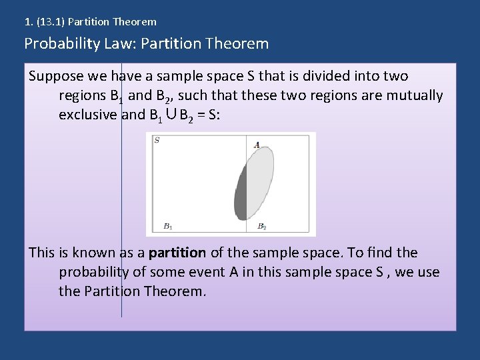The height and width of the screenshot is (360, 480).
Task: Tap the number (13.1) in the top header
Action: click(x=49, y=22)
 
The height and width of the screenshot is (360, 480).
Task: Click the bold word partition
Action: click(x=177, y=253)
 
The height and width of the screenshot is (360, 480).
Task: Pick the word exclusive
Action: click(x=88, y=114)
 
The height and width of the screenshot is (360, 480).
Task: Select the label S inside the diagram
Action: click(x=157, y=140)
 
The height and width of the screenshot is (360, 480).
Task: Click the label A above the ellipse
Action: click(x=257, y=145)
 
